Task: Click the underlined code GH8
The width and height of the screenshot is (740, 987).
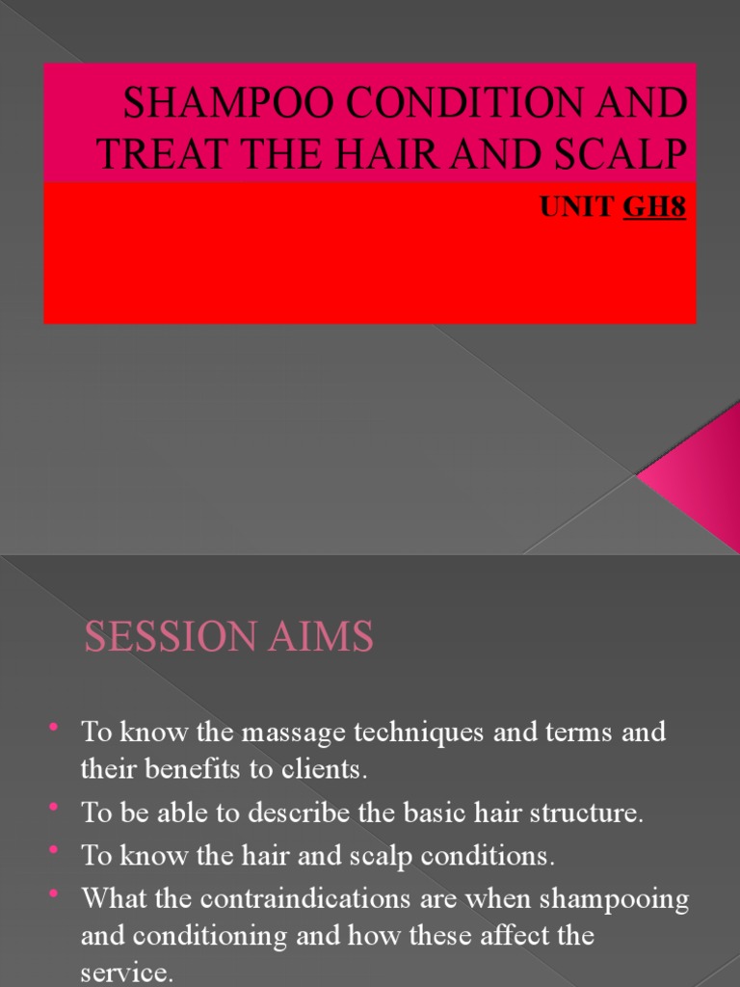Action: (x=655, y=209)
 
